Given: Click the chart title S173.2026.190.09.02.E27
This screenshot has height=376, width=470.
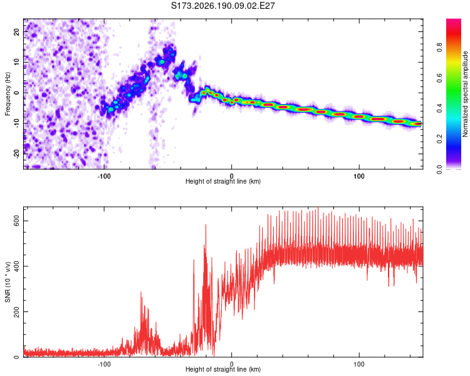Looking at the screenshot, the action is point(222,6).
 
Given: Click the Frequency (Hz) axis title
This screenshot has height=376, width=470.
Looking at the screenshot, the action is point(8,94).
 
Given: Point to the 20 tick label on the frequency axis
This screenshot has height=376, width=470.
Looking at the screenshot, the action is point(16,32).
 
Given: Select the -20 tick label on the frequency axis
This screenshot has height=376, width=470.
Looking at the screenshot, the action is point(16,154).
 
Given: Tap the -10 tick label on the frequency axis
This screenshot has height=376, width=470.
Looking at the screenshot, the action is point(16,123).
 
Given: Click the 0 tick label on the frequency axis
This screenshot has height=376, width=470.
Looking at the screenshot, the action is point(16,93).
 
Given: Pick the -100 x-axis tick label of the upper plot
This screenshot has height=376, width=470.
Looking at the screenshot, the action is point(104,176).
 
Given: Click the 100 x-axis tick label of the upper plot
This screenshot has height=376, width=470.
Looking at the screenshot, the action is point(359,176).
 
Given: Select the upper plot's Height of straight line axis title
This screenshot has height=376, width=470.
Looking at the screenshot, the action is point(223,181).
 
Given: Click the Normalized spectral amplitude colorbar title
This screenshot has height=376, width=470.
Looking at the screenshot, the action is point(465,94).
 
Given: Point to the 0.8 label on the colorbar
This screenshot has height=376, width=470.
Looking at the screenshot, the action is point(439,48).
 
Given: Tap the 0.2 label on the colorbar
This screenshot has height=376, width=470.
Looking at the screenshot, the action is point(439,139).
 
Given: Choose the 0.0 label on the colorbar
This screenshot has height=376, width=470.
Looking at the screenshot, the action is point(439,169).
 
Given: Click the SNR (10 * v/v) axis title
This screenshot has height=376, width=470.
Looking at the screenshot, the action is point(8,282).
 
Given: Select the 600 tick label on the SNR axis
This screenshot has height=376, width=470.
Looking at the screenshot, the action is point(16,221).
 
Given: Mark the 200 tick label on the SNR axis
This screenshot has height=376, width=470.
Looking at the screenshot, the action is point(16,312).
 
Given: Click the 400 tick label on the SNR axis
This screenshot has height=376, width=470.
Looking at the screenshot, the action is point(16,266).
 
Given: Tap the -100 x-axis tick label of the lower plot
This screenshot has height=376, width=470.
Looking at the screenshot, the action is point(104,364).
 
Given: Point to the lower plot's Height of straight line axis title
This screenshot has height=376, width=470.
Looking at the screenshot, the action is point(223,369).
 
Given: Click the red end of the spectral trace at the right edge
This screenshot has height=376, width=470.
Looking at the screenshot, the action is point(418,123).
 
